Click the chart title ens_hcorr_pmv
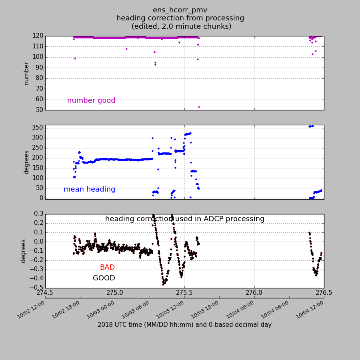tap(180, 10)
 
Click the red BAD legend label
tap(107, 267)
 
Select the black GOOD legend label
tap(104, 278)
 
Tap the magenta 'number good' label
tap(91, 101)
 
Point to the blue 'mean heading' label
tap(89, 190)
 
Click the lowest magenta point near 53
tap(199, 107)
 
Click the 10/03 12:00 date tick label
tap(170, 310)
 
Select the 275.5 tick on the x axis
tap(184, 292)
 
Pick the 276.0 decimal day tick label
tap(254, 292)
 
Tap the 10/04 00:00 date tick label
tap(239, 310)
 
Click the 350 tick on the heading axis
tap(38, 128)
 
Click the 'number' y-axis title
tap(26, 73)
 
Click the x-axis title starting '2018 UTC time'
tap(184, 325)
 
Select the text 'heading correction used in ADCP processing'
tap(185, 219)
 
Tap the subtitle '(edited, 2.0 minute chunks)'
tap(181, 26)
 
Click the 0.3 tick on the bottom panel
tap(38, 214)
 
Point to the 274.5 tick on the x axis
tap(45, 292)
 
